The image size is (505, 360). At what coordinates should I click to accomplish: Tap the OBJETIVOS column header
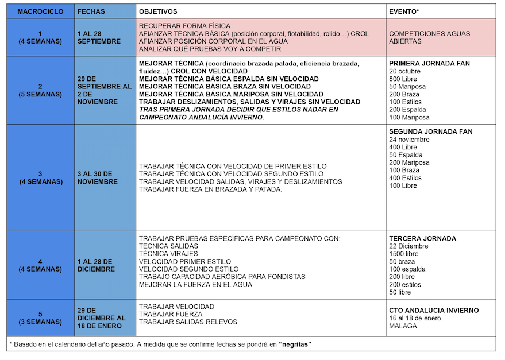coord(158,11)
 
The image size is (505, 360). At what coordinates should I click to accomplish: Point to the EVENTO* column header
coord(404,11)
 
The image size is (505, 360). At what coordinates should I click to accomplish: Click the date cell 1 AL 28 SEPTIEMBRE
coord(99,37)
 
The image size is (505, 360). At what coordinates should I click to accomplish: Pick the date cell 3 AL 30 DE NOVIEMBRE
coord(97,178)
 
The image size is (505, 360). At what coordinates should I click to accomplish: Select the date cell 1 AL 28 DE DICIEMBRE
coord(96,265)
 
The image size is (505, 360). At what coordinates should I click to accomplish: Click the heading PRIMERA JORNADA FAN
coord(429,63)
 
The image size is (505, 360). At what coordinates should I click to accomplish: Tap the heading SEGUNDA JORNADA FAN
coord(431,131)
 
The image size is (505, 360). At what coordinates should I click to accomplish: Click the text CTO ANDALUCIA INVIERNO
coord(434,311)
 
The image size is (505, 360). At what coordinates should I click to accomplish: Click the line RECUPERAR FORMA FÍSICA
coord(184,26)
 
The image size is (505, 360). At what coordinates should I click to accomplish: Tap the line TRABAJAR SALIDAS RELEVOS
coord(188,322)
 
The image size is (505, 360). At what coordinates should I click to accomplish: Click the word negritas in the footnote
coord(293,344)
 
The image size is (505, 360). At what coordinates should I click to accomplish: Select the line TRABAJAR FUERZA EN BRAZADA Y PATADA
coord(210,189)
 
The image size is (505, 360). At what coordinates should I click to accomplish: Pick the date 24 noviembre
coord(409,140)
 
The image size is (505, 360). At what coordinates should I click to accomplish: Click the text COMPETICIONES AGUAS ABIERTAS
coord(429,37)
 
